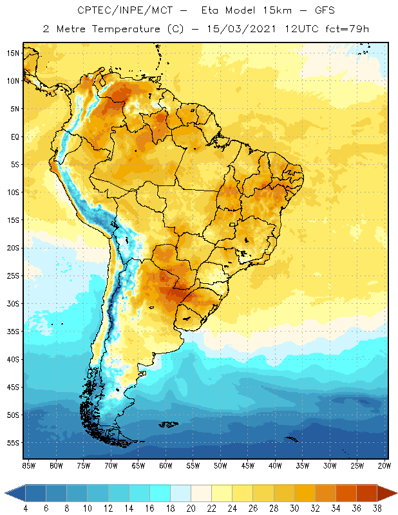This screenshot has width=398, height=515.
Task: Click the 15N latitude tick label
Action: pos(13,53)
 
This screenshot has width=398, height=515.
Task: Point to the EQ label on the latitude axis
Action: pos(14,136)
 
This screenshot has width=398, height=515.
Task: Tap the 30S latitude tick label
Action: pos(13,303)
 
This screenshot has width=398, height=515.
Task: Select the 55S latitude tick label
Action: pos(13,443)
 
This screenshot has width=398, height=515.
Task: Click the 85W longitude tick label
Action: pos(28,465)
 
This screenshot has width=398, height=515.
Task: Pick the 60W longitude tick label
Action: pos(166,465)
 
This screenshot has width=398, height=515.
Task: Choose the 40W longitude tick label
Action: pos(276,465)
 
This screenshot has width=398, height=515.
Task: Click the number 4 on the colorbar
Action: pos(26,508)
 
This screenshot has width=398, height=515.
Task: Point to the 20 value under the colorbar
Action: pos(191,508)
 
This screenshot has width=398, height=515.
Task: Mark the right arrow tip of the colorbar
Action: pos(395,493)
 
